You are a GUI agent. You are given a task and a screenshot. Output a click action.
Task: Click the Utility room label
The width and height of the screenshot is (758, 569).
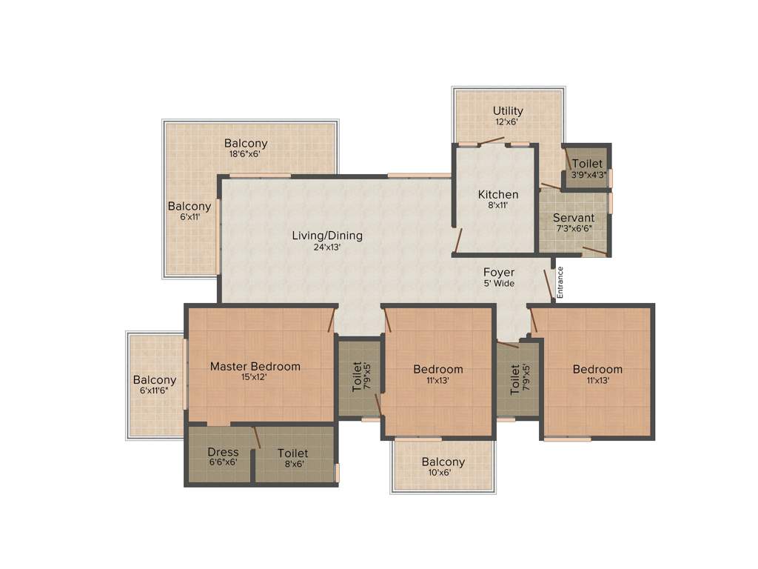click(508, 111)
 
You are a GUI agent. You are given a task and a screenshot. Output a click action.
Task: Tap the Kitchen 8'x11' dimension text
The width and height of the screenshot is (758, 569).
click(497, 206)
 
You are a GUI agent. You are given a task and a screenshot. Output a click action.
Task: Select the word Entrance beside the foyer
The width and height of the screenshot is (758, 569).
click(560, 282)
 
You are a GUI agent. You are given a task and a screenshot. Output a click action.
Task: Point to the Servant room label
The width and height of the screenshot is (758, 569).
click(574, 218)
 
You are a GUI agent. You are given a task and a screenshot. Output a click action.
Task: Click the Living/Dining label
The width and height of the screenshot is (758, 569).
click(327, 236)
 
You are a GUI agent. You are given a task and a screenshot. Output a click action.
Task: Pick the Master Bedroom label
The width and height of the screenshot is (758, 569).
click(255, 366)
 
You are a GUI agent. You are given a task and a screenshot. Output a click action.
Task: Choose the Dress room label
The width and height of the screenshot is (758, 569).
click(223, 452)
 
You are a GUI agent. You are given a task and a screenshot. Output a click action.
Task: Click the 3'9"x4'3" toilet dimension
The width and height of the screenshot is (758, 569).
click(588, 175)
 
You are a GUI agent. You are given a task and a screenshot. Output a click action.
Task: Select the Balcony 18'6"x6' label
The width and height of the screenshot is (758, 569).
click(246, 143)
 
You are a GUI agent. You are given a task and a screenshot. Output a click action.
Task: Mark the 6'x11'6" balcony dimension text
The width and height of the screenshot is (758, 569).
click(155, 390)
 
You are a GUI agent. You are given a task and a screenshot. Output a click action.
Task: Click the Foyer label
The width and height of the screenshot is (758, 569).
click(499, 273)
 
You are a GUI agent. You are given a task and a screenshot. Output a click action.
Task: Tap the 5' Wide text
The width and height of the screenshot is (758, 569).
click(499, 283)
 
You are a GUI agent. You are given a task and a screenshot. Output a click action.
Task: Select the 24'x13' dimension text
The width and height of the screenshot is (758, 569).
click(326, 247)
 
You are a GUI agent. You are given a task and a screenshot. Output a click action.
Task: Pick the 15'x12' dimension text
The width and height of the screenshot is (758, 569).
click(255, 377)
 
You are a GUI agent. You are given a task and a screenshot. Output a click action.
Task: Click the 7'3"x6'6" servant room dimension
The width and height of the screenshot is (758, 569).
click(574, 228)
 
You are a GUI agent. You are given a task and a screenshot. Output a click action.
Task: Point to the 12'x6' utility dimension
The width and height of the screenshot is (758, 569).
click(508, 122)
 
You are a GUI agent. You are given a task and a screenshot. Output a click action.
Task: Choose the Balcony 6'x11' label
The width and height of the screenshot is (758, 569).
click(189, 206)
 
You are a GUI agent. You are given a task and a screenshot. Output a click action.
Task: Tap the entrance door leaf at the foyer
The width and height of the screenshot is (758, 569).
click(549, 284)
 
